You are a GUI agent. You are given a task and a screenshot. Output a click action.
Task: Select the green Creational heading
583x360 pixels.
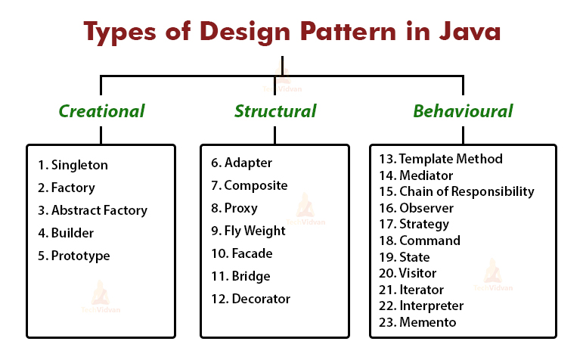pyautogui.click(x=101, y=111)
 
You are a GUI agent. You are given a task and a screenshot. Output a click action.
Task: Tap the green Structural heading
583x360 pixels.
pyautogui.click(x=275, y=111)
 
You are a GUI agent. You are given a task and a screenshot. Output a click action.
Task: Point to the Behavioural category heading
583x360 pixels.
pyautogui.click(x=463, y=111)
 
